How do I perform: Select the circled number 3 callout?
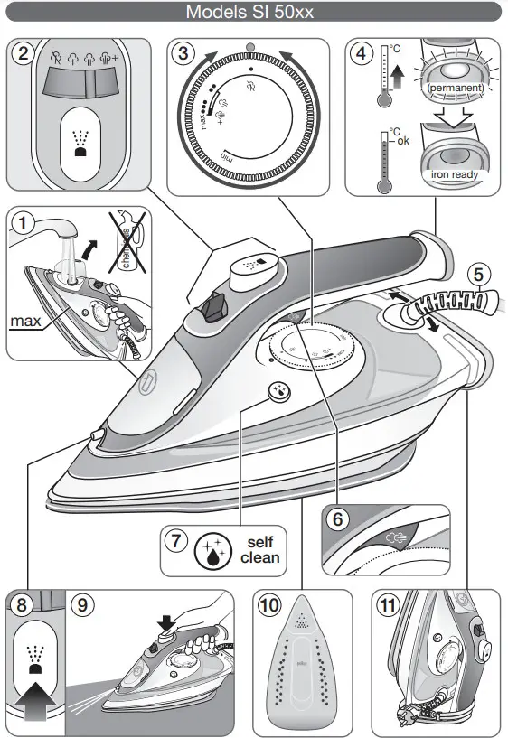pos(184,53)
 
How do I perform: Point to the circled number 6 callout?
pos(337,521)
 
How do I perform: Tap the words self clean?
pos(260,549)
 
